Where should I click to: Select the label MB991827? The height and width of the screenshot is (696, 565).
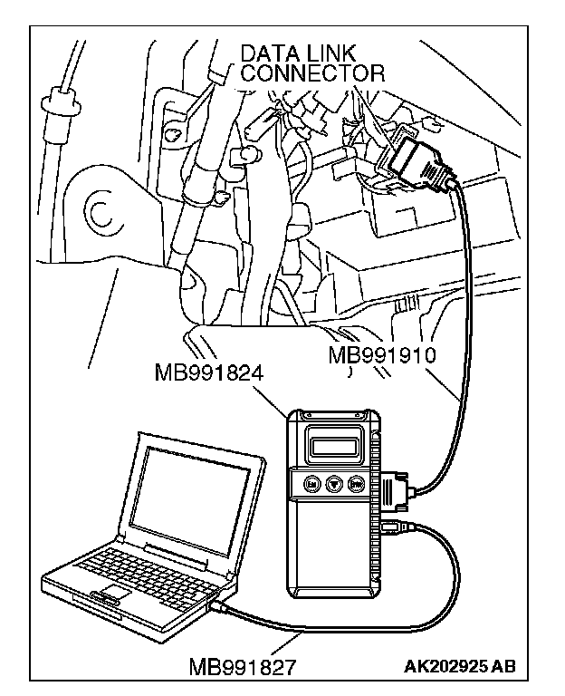[243, 669]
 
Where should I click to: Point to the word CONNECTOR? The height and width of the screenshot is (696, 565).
[312, 72]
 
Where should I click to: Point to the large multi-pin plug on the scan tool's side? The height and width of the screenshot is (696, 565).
[397, 490]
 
